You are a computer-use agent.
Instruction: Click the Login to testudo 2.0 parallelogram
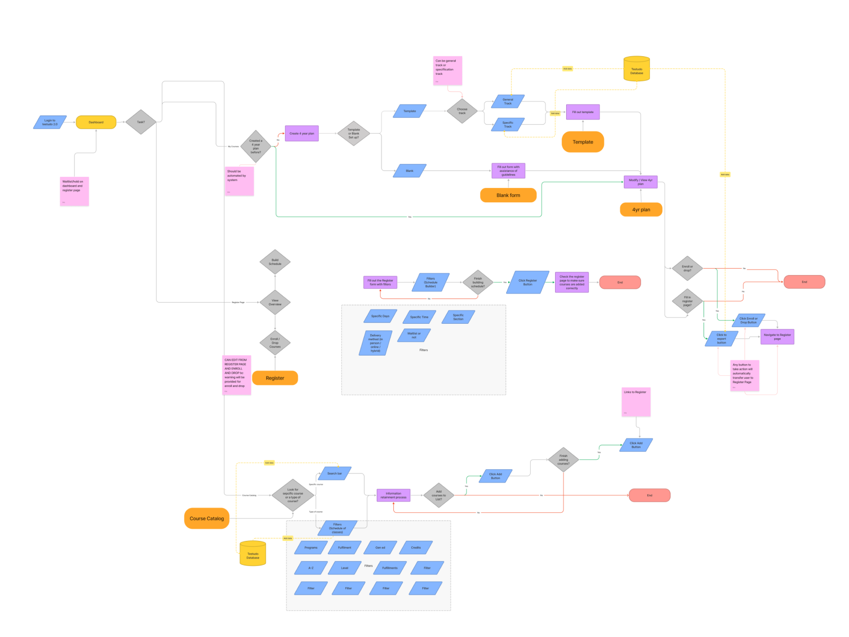(50, 123)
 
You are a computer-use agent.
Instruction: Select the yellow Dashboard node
(96, 123)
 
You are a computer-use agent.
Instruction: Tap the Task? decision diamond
(141, 122)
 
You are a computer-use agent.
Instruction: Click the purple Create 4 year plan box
(301, 134)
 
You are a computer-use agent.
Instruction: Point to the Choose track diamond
(462, 111)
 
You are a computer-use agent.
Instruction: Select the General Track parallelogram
(508, 101)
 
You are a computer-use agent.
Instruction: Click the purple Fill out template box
(583, 112)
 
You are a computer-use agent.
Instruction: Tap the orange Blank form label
(508, 195)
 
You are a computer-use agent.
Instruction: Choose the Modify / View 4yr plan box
(640, 182)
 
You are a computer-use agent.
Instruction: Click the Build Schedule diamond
(275, 262)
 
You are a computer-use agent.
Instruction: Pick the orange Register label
(275, 378)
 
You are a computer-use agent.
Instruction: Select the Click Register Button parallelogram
(527, 282)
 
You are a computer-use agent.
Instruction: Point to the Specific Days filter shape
(380, 316)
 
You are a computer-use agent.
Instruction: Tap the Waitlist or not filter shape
(414, 335)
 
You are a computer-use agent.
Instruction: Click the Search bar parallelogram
(334, 474)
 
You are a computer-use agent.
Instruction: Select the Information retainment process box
(393, 495)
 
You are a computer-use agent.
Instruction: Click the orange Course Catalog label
(206, 519)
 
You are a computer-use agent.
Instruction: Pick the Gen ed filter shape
(380, 548)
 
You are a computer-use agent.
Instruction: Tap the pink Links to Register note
(636, 402)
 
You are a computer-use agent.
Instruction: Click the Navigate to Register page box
(777, 337)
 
